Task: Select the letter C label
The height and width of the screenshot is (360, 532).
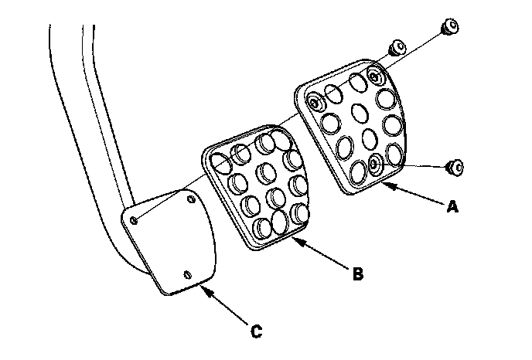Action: pyautogui.click(x=257, y=332)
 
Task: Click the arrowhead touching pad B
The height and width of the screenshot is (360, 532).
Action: pyautogui.click(x=296, y=241)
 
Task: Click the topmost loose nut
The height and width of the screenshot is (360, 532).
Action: pyautogui.click(x=449, y=29)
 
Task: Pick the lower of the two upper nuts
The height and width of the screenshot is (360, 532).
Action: pyautogui.click(x=396, y=48)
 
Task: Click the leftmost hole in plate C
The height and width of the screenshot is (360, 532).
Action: pyautogui.click(x=135, y=221)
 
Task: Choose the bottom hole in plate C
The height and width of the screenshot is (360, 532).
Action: pyautogui.click(x=187, y=273)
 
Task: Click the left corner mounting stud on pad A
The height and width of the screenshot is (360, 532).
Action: pyautogui.click(x=315, y=102)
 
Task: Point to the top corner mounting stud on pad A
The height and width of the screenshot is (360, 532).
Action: pyautogui.click(x=376, y=76)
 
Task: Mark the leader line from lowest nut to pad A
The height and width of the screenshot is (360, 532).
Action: pyautogui.click(x=418, y=165)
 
